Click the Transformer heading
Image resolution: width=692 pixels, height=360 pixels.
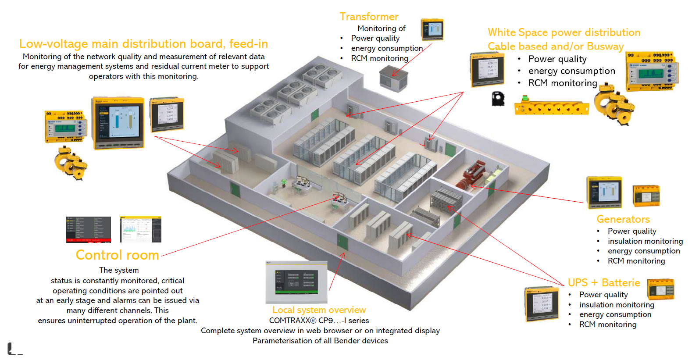tap(369, 17)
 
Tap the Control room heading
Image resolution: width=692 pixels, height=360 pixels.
tap(117, 255)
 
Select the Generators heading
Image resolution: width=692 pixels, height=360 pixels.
tap(623, 219)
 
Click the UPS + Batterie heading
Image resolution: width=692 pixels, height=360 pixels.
tap(603, 283)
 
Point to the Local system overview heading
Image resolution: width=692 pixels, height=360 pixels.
tap(319, 310)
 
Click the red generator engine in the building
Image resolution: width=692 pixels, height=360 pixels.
tap(471, 175)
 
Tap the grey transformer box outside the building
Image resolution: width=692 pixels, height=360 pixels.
tap(393, 78)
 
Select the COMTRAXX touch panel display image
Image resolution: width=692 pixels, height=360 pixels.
tap(296, 282)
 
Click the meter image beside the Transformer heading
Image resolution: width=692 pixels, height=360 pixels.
tap(432, 30)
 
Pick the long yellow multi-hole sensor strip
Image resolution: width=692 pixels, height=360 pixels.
tap(551, 107)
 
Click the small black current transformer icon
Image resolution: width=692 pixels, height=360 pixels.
tap(498, 99)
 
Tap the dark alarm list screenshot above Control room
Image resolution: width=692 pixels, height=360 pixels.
tap(88, 229)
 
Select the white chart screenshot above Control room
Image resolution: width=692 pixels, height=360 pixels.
tap(140, 229)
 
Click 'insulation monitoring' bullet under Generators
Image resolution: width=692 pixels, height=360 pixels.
tap(645, 241)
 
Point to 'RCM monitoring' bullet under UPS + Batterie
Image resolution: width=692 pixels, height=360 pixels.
tap(607, 324)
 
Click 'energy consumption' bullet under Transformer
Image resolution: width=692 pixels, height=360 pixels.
tap(387, 48)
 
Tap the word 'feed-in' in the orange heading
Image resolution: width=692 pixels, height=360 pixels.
tap(248, 44)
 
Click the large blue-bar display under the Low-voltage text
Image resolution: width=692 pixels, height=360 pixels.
tap(118, 123)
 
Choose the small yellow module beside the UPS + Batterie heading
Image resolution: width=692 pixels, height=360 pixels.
tap(660, 289)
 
